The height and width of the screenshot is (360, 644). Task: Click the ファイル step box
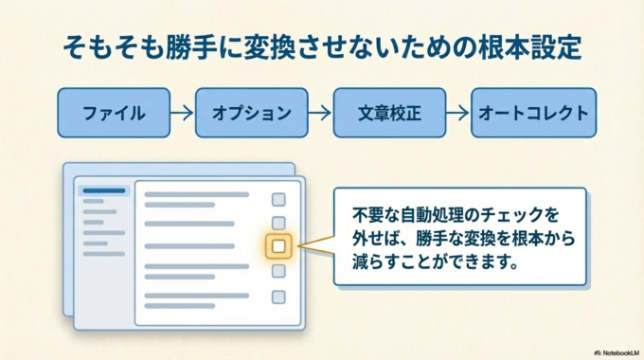point(113,114)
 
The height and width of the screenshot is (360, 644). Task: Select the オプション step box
point(252,114)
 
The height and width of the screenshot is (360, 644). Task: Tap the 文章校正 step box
point(389,114)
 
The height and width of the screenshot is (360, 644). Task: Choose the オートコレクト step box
point(532,114)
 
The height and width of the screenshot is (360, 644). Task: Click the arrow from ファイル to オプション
point(182,114)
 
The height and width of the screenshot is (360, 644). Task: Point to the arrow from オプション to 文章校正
point(320,114)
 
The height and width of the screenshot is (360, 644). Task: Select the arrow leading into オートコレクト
point(457,114)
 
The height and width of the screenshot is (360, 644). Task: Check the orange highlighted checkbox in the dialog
point(278,246)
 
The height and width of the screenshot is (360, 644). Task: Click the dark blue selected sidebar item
point(104,190)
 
